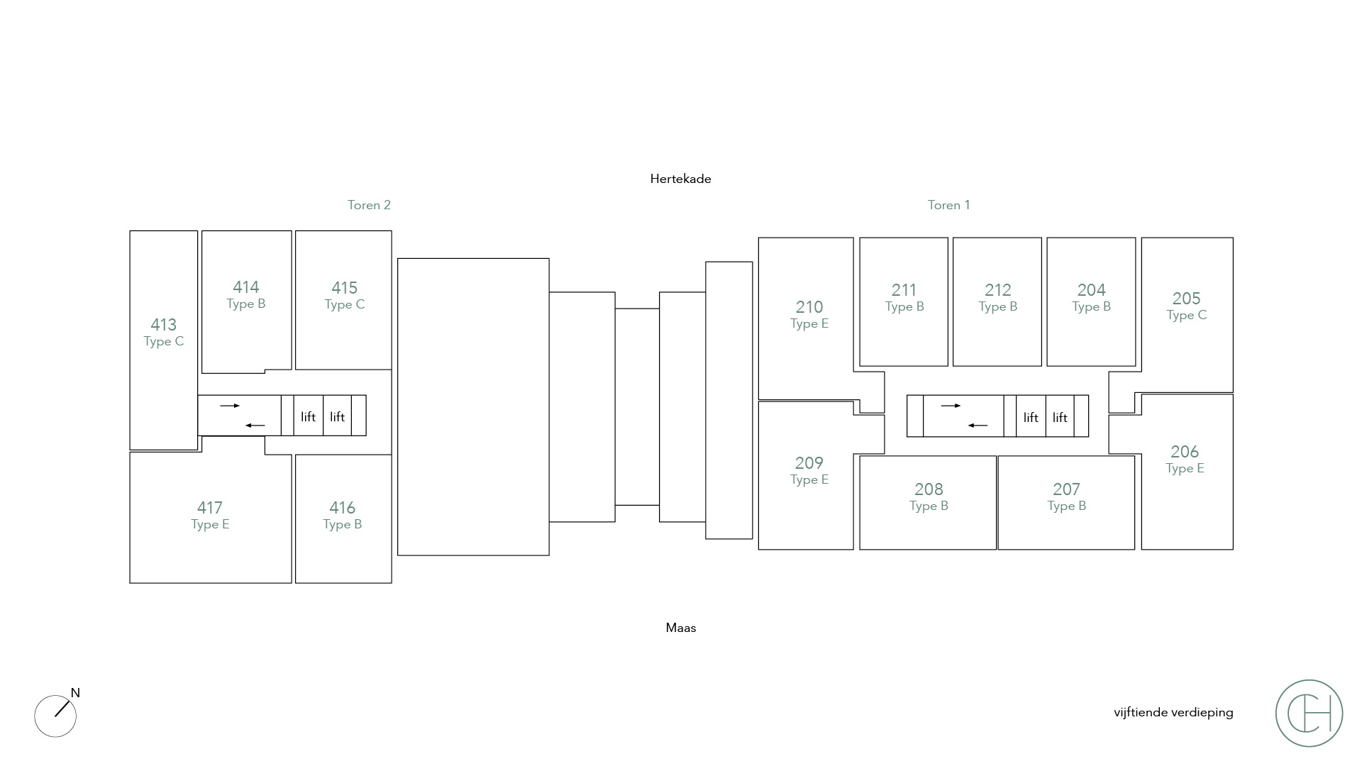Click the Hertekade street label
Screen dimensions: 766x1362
(680, 179)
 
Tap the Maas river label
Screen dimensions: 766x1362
(680, 628)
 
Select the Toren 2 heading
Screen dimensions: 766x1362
(369, 205)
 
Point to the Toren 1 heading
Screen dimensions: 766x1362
(948, 205)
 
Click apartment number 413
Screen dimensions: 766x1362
(163, 325)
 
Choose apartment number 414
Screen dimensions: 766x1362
(246, 287)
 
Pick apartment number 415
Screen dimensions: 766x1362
(344, 288)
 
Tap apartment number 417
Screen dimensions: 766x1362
(209, 508)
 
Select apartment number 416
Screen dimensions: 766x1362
(342, 508)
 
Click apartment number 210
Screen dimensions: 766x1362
(809, 307)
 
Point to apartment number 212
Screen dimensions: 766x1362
(997, 290)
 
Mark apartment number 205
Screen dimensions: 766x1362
(1186, 299)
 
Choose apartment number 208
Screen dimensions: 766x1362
(929, 489)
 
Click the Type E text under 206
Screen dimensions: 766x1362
(1185, 468)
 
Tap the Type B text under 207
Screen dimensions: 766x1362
(1066, 506)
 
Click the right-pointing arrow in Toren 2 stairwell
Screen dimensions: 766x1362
(230, 406)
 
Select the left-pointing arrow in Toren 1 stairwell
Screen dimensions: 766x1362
(978, 426)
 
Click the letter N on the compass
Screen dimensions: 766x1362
(75, 693)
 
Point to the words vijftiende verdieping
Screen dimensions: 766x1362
(1173, 712)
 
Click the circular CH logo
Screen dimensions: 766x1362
(1309, 713)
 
